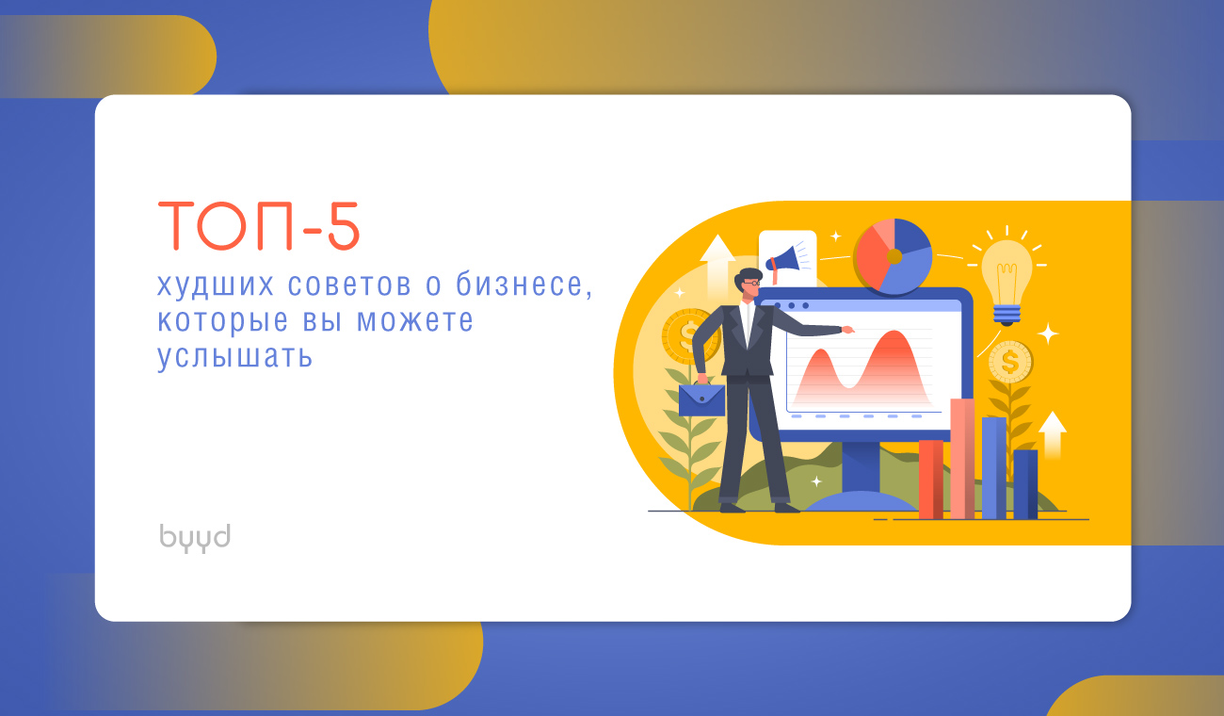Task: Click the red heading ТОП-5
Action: pos(259,226)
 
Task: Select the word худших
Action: pos(216,285)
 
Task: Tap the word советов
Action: pos(350,285)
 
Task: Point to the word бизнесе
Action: pos(524,285)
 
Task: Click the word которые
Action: pos(223,322)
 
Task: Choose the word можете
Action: pos(414,321)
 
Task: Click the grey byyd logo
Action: pos(195,538)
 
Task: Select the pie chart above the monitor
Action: pos(894,256)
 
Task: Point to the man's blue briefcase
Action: pos(701,399)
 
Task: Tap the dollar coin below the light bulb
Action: pos(1009,362)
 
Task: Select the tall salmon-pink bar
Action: pos(962,459)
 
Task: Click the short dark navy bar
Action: pos(1025,484)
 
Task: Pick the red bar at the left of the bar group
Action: pos(930,480)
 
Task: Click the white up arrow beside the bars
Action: pos(1053,434)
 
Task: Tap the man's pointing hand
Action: pos(847,330)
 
